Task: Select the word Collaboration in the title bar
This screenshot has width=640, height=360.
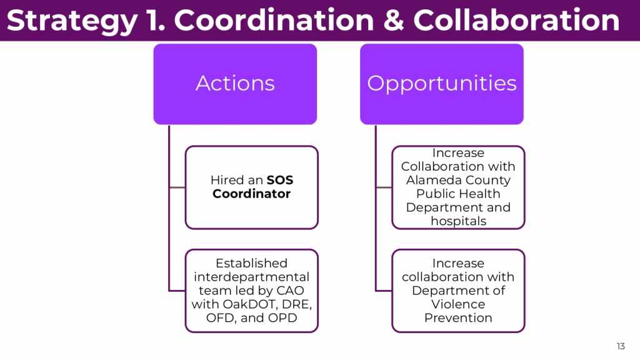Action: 516,21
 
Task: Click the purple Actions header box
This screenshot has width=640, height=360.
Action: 235,84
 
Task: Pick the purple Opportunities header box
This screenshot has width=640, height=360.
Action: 442,84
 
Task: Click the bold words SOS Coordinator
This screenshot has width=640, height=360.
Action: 252,187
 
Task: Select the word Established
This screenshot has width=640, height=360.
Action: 251,263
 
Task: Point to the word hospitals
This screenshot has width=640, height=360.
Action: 458,221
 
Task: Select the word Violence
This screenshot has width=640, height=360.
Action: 458,304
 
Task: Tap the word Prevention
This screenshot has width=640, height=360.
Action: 458,318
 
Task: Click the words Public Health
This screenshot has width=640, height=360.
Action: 458,194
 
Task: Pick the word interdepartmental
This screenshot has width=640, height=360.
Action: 251,277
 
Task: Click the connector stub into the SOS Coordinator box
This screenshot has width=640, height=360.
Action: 177,187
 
